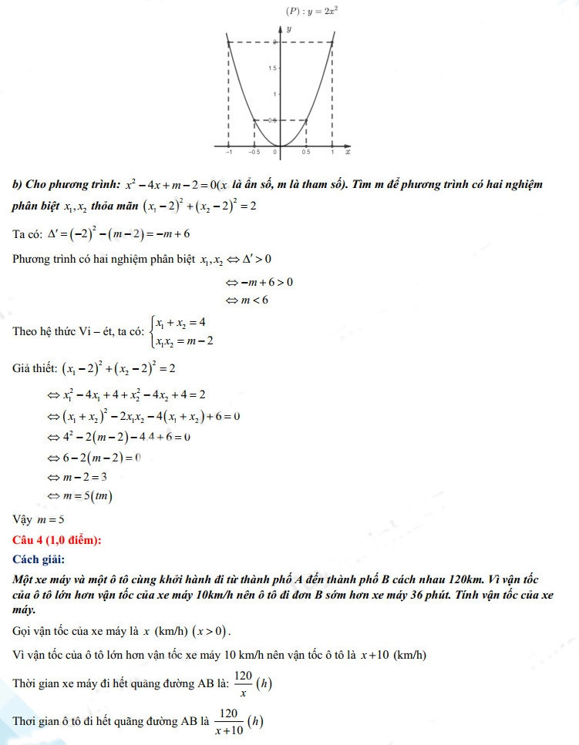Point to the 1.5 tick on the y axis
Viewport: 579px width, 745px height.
tap(271, 69)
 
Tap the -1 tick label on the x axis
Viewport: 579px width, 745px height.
tap(228, 153)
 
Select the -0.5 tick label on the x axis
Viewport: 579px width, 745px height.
tap(253, 153)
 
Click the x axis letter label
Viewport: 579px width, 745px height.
tap(348, 153)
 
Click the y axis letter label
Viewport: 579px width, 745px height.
tap(288, 29)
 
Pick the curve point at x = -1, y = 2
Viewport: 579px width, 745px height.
tap(229, 42)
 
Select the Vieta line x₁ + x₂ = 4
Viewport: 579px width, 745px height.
tap(183, 321)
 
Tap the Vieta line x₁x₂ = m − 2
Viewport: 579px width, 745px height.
tap(185, 340)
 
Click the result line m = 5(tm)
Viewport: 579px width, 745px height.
tap(81, 496)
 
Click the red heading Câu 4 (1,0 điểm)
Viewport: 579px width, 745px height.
tap(57, 540)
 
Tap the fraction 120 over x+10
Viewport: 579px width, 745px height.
tap(227, 720)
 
